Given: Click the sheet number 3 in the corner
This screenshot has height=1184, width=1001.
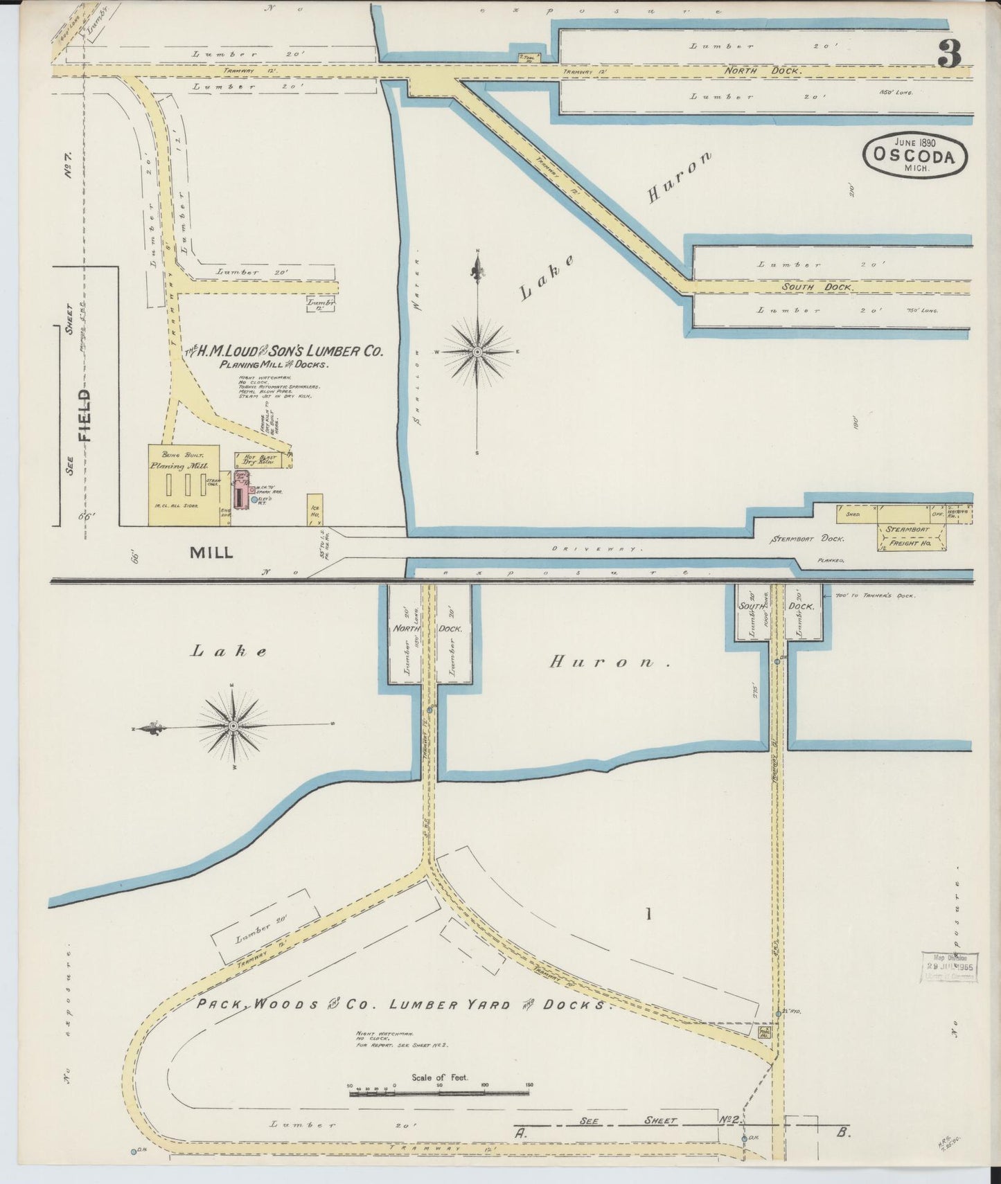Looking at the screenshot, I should click(x=949, y=54).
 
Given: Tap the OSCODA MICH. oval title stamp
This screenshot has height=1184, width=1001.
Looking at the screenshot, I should click(x=915, y=156).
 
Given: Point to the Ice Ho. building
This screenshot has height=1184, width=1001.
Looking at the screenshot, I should click(x=315, y=510).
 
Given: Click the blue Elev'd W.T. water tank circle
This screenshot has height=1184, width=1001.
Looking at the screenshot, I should click(x=255, y=499).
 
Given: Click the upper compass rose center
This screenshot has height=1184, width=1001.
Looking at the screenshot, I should click(x=477, y=352).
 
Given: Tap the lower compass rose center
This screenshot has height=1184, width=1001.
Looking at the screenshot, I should click(x=234, y=726).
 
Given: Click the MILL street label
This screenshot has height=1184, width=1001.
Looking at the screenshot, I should click(x=211, y=552).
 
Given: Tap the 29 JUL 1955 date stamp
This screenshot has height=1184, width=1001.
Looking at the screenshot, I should click(x=948, y=966).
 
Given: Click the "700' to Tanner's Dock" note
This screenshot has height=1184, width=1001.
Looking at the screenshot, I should click(x=876, y=595).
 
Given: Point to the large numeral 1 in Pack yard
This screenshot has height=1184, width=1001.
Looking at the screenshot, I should click(x=648, y=915).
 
